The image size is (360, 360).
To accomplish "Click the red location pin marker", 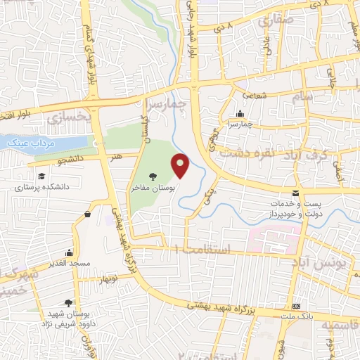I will tap(181, 165).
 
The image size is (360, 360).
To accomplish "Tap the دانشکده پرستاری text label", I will tap(42, 188).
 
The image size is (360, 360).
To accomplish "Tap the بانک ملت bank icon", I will tap(297, 306).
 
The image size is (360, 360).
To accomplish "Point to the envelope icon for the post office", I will tap(295, 193).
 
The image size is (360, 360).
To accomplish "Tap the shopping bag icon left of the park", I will tap(87, 214).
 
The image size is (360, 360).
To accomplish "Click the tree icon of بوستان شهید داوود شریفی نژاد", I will tap(67, 303).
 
